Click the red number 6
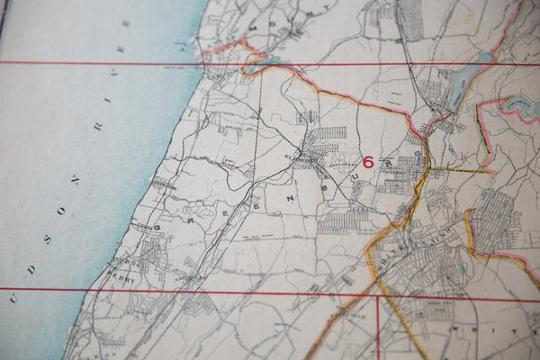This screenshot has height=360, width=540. tap(367, 162)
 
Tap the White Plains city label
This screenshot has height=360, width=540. tap(414, 239)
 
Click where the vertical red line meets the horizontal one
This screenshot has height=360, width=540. tap(378, 298)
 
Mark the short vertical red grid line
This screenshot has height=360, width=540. tap(378, 328)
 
